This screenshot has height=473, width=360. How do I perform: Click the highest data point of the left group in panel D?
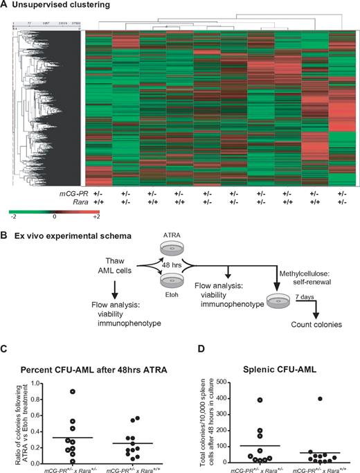[261, 400]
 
